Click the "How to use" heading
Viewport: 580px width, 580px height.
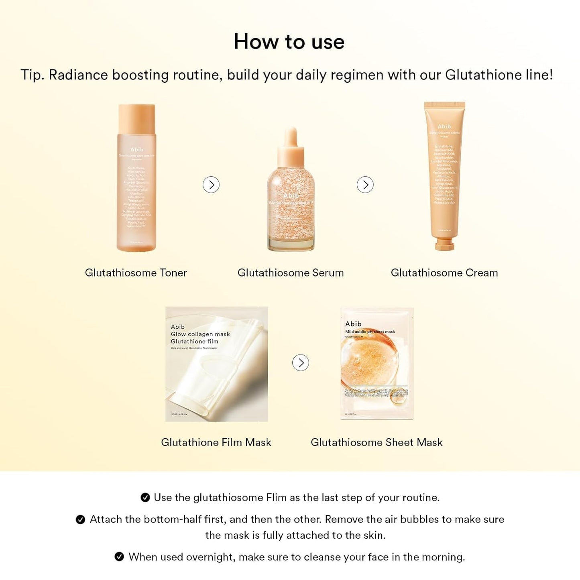(x=289, y=42)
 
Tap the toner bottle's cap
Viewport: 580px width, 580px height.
(x=136, y=118)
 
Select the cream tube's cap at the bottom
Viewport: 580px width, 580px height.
(x=444, y=244)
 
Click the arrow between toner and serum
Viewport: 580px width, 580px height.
(x=211, y=185)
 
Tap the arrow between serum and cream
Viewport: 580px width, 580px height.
(x=365, y=185)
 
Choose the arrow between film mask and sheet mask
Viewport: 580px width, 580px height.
(x=301, y=363)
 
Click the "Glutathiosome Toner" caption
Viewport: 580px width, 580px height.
(x=136, y=273)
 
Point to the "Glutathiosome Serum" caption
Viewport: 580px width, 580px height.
(x=291, y=273)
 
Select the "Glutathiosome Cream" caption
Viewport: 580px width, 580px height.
(x=444, y=273)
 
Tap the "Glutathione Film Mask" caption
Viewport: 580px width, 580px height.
(x=216, y=442)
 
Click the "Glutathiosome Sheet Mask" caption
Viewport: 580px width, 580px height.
(x=376, y=442)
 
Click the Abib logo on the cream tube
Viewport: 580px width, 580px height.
(x=444, y=126)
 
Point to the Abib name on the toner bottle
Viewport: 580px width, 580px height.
(x=136, y=149)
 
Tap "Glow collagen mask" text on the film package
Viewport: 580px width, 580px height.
(x=200, y=334)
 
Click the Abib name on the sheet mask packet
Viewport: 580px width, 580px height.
(x=353, y=324)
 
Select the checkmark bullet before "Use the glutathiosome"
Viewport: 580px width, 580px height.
(x=145, y=498)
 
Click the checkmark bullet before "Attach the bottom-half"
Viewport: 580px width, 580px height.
(x=80, y=520)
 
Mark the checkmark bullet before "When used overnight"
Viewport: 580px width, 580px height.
(x=119, y=557)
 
